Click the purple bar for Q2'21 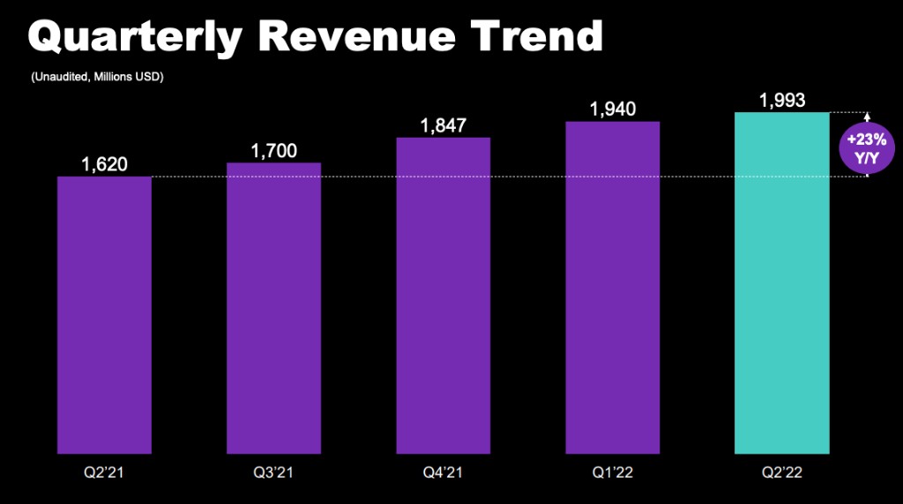104,314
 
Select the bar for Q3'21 273,308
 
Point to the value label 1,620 104,164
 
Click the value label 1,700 273,151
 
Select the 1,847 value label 444,125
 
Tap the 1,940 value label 613,109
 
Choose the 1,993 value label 781,100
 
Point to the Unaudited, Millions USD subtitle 98,78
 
